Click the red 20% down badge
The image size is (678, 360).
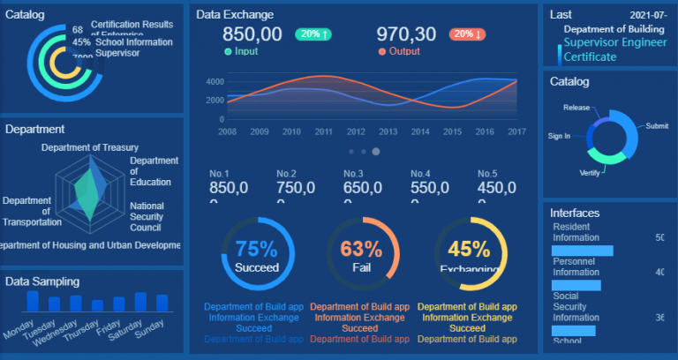467,34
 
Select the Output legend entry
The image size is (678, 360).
400,52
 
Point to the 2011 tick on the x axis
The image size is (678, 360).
323,131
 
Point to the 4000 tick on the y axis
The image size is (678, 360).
214,81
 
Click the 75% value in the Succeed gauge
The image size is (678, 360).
256,249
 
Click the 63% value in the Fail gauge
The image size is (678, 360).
361,249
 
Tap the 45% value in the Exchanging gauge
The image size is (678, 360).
469,249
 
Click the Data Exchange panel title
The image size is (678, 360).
234,15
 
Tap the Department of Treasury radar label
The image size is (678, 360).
89,147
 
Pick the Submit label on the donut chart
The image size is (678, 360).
657,126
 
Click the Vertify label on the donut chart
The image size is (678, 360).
590,172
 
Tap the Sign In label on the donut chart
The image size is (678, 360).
559,136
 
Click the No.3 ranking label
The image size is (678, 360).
354,174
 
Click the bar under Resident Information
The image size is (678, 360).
582,251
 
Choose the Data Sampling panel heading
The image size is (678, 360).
42,281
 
